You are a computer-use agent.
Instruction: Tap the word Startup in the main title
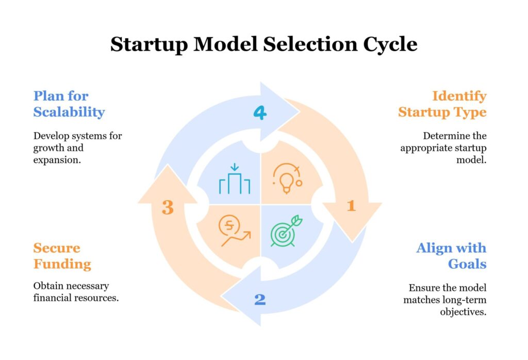coord(148,44)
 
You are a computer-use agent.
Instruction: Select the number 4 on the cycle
coord(260,113)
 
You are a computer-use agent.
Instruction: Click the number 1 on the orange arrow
coord(351,206)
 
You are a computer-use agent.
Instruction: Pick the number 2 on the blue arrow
coord(260,299)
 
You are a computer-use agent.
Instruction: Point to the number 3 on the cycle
coord(168,207)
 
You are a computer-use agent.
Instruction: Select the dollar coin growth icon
coord(234,230)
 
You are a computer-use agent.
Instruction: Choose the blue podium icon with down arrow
coord(235,179)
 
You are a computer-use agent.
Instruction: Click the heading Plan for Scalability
coord(69,104)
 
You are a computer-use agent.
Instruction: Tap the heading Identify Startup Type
coord(442,104)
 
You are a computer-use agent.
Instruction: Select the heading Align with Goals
coord(451,256)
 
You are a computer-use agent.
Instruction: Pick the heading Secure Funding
coord(62,256)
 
